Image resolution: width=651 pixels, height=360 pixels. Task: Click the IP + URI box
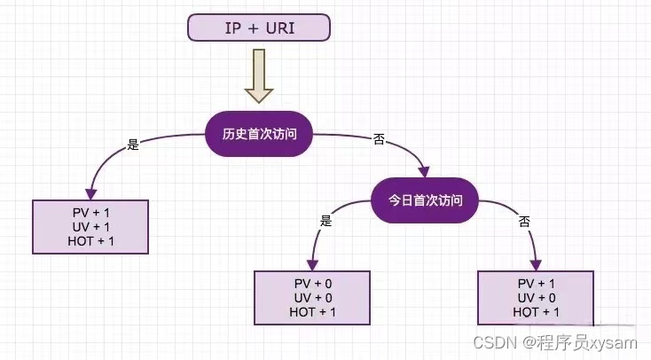pos(259,27)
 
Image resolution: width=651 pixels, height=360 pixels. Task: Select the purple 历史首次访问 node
pos(259,135)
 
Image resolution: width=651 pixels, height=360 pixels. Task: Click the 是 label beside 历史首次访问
pos(133,145)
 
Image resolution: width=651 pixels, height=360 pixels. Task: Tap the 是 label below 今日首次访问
pos(325,221)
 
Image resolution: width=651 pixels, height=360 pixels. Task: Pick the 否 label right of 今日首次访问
pos(523,221)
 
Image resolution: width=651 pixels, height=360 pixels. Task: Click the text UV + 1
pos(90,227)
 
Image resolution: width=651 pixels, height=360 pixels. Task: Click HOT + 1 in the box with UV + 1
pos(90,241)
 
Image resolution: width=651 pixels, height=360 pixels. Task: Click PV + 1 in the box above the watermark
pos(537,283)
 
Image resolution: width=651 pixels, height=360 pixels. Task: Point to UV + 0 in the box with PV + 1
pos(537,297)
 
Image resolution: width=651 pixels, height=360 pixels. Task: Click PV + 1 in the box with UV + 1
pos(90,213)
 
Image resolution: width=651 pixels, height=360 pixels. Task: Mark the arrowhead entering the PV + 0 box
pos(312,264)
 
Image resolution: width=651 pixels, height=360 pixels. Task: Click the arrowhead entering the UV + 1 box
pos(89,193)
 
